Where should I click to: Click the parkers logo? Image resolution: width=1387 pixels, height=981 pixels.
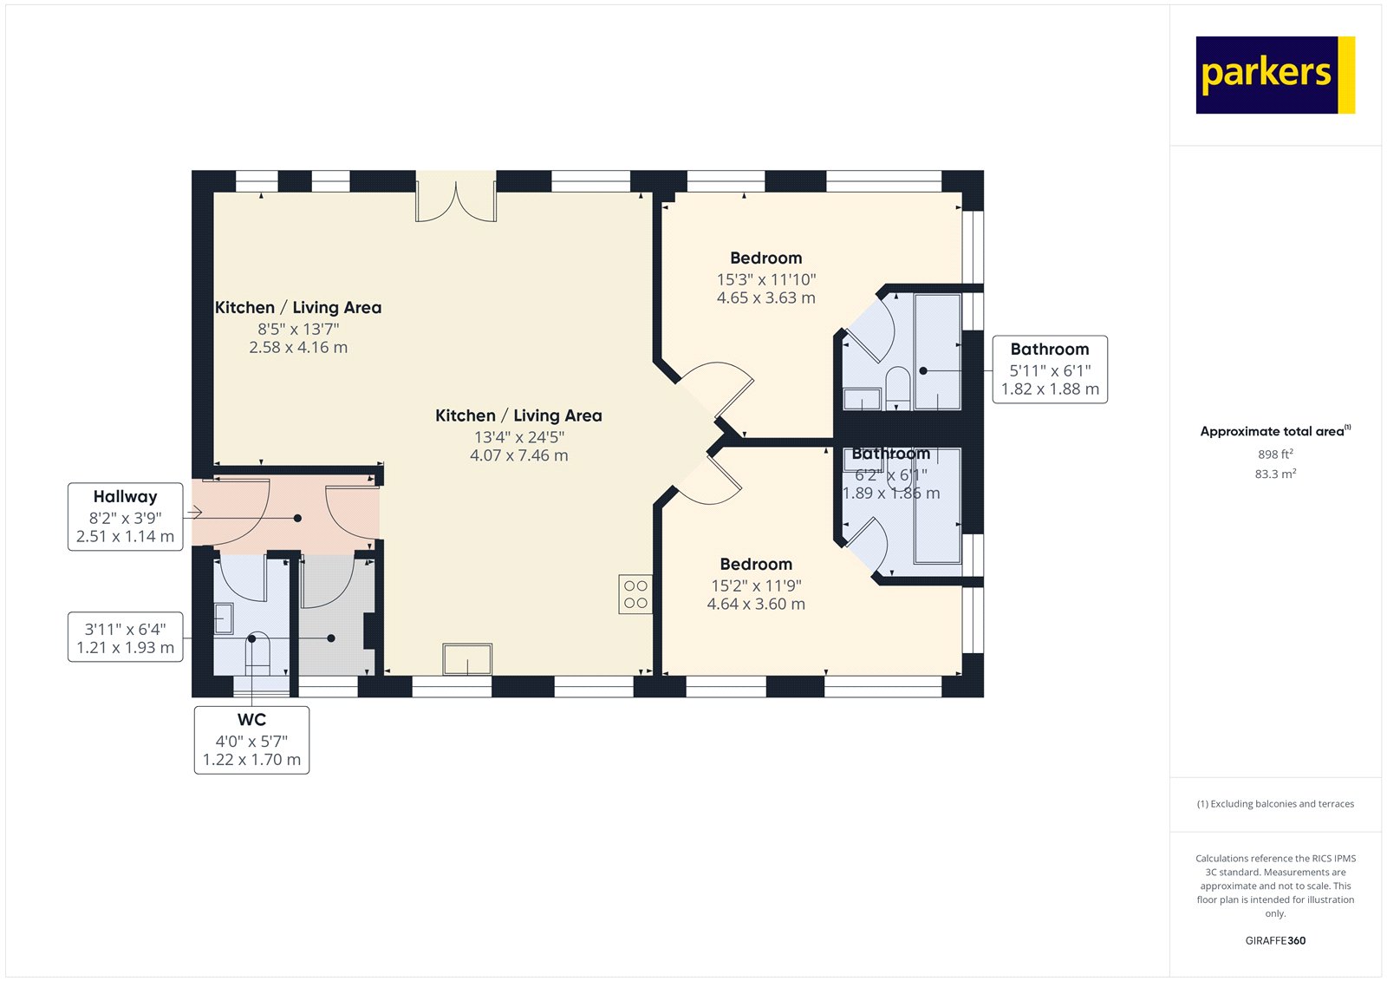1274,75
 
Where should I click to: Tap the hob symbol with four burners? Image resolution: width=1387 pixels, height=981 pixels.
635,594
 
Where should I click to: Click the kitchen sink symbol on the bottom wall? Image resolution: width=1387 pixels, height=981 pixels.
467,659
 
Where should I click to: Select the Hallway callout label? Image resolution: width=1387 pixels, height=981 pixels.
126,516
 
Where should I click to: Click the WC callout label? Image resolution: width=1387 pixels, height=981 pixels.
251,739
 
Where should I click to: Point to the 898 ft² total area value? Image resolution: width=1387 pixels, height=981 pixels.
1275,455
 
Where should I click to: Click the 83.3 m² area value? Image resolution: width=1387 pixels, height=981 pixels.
1275,474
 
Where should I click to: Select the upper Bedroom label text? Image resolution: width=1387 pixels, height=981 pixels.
765,258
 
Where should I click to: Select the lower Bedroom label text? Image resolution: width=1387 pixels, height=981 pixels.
756,565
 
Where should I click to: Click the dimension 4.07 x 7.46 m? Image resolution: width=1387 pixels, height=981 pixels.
518,455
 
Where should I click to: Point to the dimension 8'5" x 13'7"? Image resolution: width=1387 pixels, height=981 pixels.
298,329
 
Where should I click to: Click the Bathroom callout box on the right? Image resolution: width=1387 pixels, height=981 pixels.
1049,370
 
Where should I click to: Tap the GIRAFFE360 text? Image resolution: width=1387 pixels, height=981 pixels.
1275,940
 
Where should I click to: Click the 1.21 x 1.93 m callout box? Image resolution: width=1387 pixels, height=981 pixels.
126,638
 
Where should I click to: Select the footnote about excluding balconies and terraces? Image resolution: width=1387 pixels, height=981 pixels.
1275,804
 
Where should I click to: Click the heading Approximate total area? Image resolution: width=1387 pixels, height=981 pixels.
1274,431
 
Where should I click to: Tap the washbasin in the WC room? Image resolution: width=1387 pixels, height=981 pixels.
223,618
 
